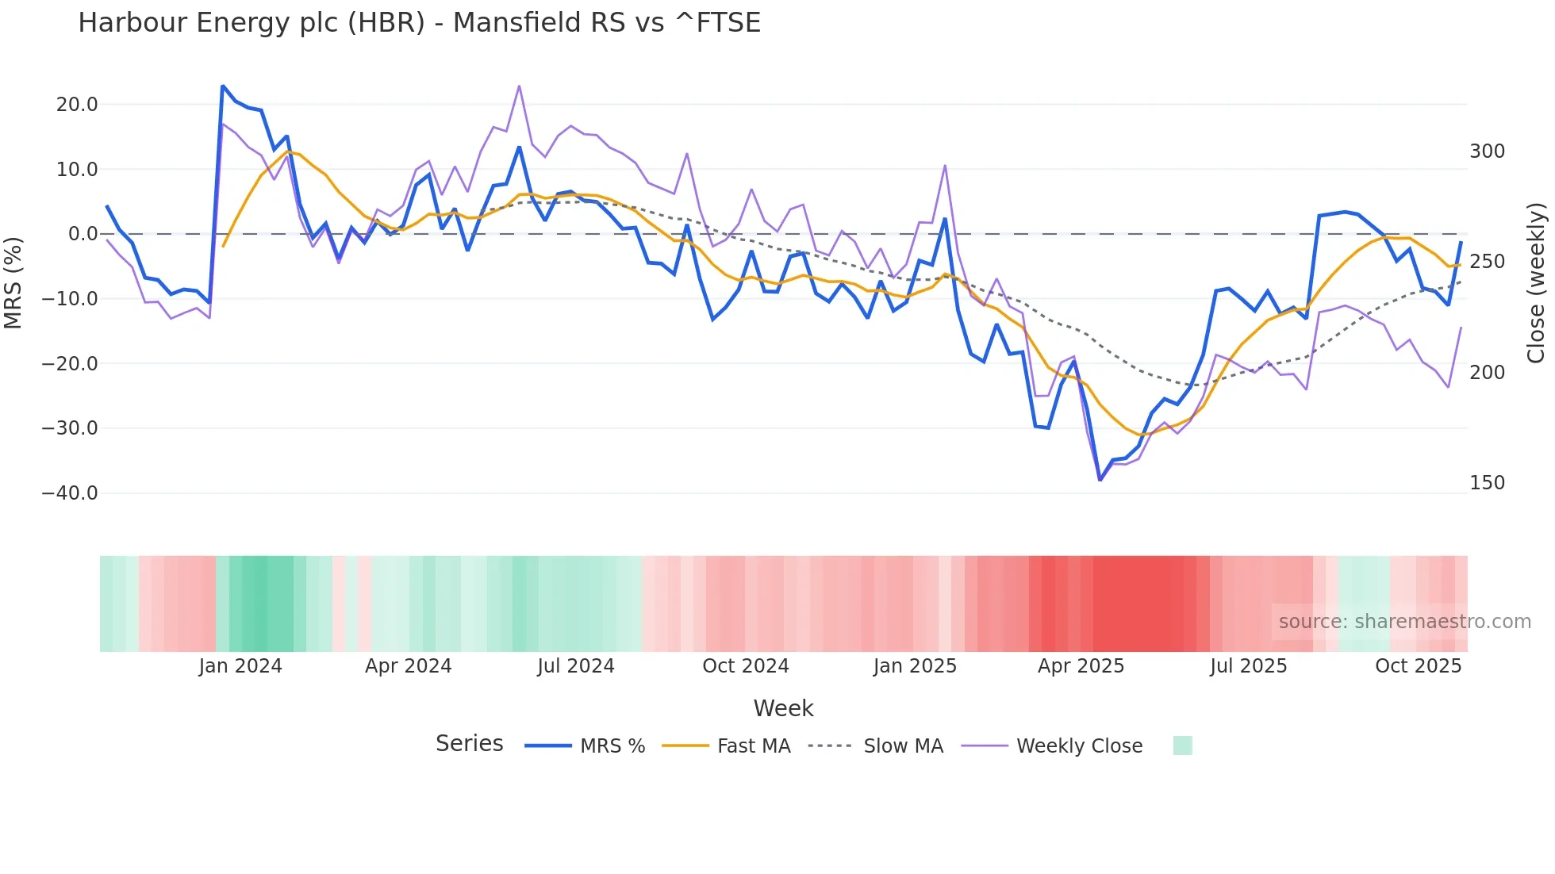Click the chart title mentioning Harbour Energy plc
point(419,23)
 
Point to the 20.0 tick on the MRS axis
point(77,105)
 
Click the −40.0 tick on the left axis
point(70,493)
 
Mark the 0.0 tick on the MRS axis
point(83,234)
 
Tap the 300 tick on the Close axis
point(1487,151)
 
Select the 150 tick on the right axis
point(1487,483)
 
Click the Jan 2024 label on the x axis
point(240,666)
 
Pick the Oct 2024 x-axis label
point(746,666)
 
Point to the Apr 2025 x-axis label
point(1081,666)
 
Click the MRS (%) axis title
point(13,282)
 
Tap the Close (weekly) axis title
point(1536,282)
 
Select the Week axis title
point(783,708)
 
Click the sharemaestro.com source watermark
point(1404,622)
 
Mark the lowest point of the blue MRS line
point(1100,480)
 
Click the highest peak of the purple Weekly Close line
point(519,86)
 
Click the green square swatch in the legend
point(1182,746)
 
